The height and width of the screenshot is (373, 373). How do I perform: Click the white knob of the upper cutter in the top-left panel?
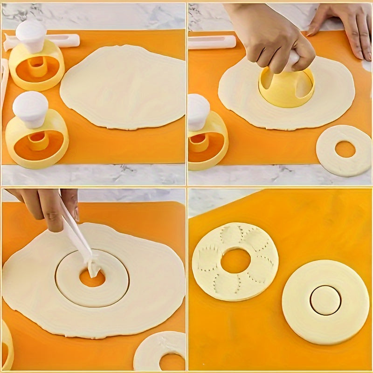[31, 35]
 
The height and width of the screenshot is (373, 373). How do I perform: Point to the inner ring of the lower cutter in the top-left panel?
[37, 140]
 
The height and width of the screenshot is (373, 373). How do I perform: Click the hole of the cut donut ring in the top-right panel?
[345, 149]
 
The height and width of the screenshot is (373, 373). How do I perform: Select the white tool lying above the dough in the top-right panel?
[212, 42]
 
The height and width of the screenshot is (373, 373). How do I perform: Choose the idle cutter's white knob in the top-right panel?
[198, 111]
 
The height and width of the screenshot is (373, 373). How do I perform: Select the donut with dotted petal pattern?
[235, 261]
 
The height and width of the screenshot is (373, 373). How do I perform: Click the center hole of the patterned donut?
[235, 261]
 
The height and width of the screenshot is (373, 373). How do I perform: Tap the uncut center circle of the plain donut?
[325, 300]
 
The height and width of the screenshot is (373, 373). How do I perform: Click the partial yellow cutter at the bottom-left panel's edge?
[7, 345]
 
